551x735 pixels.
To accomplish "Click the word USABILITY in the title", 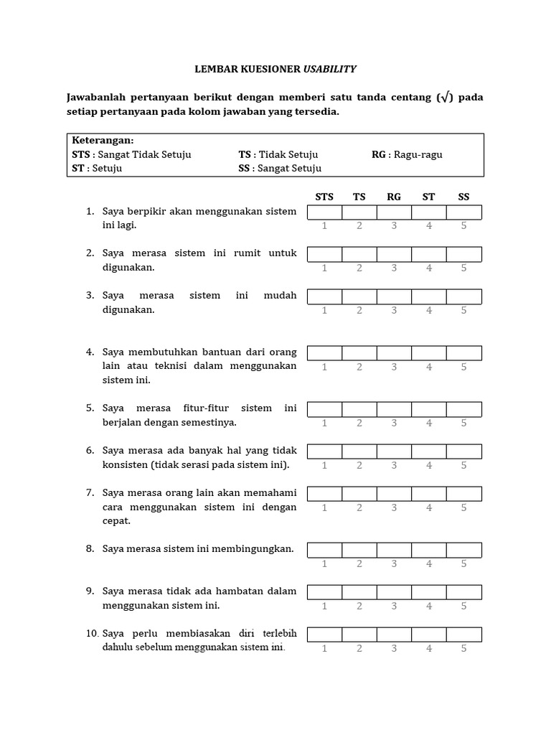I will coord(329,69).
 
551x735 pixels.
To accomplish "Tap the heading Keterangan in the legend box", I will coord(103,140).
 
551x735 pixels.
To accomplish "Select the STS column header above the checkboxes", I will coord(324,197).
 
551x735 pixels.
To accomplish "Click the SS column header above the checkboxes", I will coord(463,197).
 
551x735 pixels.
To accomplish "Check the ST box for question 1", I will coord(429,212).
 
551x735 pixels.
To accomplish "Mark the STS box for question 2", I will coord(324,254).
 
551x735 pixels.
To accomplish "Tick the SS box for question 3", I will coord(463,296).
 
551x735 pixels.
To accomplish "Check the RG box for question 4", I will coord(394,352).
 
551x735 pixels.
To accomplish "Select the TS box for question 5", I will coord(359,409).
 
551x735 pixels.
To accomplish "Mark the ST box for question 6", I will coord(429,451).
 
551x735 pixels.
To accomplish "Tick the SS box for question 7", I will coord(463,494).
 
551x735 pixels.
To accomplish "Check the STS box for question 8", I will coord(324,550).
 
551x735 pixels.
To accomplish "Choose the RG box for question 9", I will coord(394,592).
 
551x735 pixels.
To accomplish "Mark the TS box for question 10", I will coord(359,635).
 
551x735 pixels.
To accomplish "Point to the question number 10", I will coord(92,634).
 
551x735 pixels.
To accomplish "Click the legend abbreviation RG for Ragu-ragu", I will coord(379,154).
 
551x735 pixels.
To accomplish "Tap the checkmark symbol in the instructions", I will coord(446,98).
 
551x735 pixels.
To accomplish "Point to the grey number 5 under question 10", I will coord(463,649).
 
